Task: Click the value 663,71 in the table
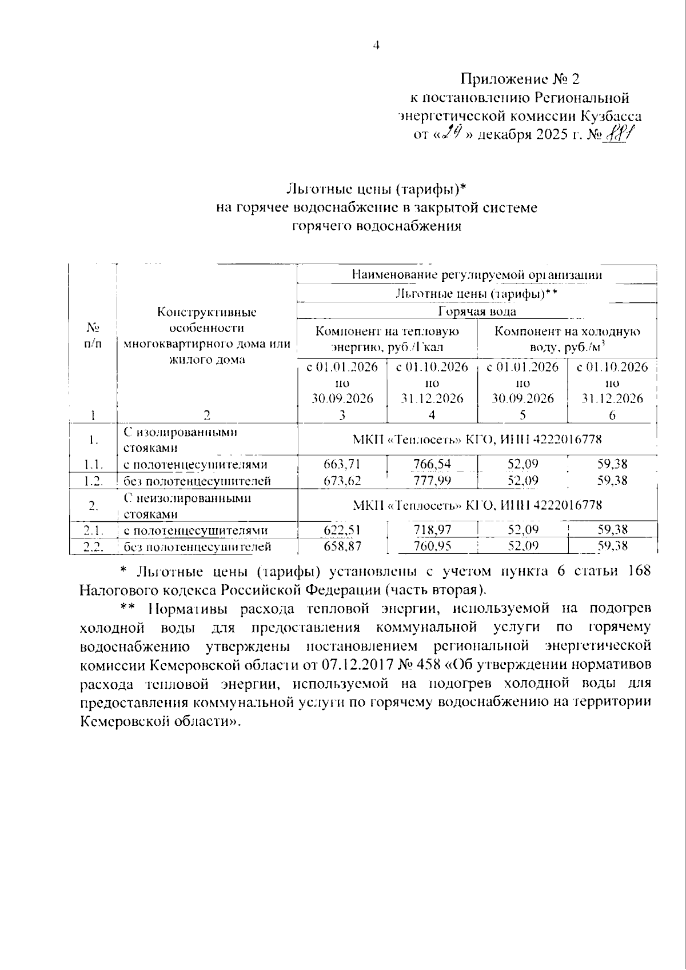[x=342, y=464]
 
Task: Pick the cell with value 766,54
[x=432, y=464]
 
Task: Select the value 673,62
[x=342, y=481]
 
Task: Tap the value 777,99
[x=432, y=481]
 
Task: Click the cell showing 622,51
[x=342, y=530]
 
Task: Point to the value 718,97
[x=432, y=530]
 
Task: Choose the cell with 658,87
[x=342, y=546]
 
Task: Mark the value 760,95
[x=432, y=546]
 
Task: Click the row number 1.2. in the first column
[x=92, y=481]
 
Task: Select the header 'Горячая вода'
[x=477, y=312]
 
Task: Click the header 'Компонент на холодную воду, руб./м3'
[x=567, y=339]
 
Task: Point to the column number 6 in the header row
[x=612, y=416]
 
